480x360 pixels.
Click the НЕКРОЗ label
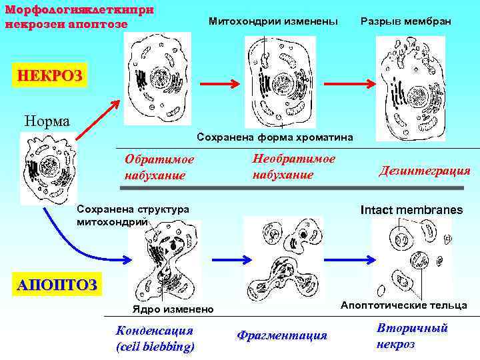click(x=50, y=75)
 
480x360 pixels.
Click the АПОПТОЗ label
click(x=56, y=285)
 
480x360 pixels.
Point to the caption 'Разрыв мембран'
click(x=405, y=22)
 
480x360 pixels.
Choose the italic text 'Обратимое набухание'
click(x=159, y=167)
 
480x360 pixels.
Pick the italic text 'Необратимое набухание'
click(x=293, y=166)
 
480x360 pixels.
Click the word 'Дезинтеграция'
click(x=425, y=171)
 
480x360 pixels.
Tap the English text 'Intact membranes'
click(x=411, y=210)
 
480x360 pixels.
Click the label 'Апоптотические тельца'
click(x=404, y=305)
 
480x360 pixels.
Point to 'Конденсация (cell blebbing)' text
click(x=155, y=338)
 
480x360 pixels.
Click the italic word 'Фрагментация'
click(x=282, y=335)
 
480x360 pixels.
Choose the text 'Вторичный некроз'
click(x=411, y=336)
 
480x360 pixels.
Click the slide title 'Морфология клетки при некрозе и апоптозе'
click(x=79, y=18)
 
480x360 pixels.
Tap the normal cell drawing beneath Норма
click(x=48, y=167)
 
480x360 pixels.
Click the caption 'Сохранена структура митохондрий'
click(x=133, y=215)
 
